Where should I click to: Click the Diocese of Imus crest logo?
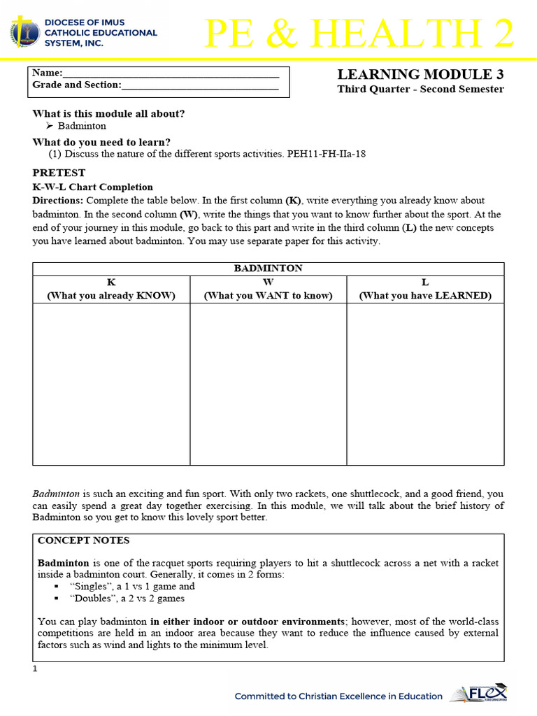click(26, 32)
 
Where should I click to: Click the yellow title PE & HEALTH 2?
click(359, 34)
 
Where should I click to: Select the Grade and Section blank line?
click(200, 87)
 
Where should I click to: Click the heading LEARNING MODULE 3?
click(420, 74)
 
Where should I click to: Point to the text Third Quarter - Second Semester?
click(420, 89)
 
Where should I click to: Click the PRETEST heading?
click(59, 173)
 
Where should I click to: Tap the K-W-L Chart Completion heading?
click(92, 187)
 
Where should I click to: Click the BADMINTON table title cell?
click(268, 268)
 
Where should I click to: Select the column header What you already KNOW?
click(111, 295)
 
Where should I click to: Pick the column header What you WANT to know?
click(268, 295)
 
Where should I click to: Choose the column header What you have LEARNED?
click(425, 295)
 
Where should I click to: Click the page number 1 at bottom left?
click(35, 669)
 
